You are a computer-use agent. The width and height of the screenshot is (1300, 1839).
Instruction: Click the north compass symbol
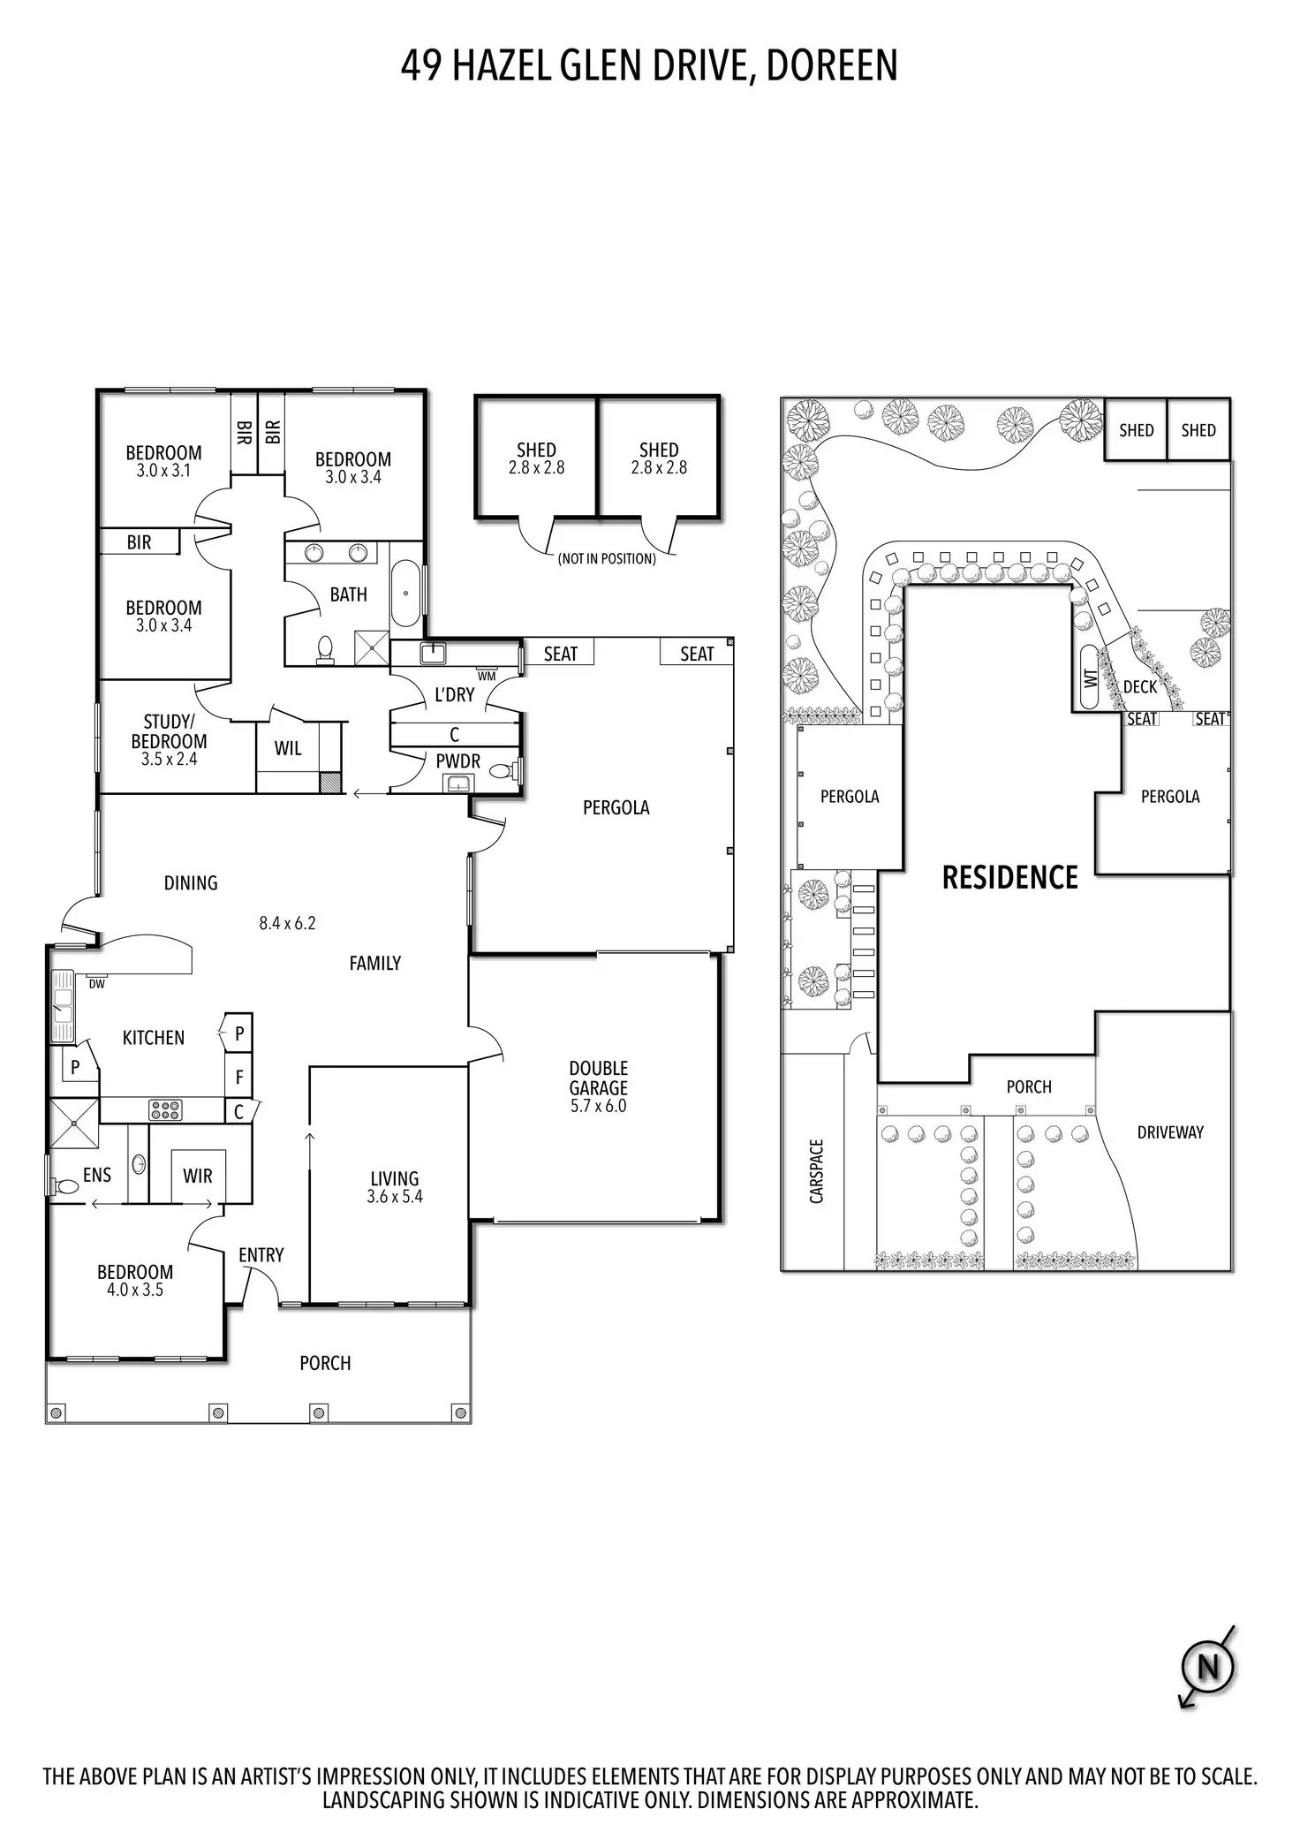[x=1207, y=1668]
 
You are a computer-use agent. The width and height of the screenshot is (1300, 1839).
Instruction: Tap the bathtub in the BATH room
[x=406, y=593]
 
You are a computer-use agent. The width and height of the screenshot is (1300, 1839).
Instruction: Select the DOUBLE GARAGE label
[x=598, y=1078]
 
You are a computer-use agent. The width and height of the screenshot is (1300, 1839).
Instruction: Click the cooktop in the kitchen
[x=165, y=1109]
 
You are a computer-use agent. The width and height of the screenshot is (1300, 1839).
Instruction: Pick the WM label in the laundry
[x=487, y=676]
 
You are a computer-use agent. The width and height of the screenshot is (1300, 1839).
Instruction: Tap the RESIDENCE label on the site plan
[x=1010, y=877]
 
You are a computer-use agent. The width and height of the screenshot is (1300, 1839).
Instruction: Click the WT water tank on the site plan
[x=1090, y=677]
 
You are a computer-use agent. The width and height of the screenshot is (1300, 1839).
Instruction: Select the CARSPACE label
[x=816, y=1171]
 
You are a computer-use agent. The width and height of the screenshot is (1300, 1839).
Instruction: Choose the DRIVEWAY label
[x=1170, y=1132]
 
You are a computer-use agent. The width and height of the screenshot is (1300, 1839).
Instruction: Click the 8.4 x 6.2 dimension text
[x=287, y=923]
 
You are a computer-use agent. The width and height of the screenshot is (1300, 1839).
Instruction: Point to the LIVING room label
[x=395, y=1178]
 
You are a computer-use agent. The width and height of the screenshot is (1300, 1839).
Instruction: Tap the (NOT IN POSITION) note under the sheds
[x=607, y=558]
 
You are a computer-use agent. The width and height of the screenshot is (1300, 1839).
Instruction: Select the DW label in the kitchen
[x=96, y=984]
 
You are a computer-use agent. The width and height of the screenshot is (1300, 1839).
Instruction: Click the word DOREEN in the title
[x=831, y=66]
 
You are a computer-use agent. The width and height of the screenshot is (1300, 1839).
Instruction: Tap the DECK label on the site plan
[x=1140, y=686]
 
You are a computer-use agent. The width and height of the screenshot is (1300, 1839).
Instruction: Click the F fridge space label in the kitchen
[x=238, y=1077]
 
